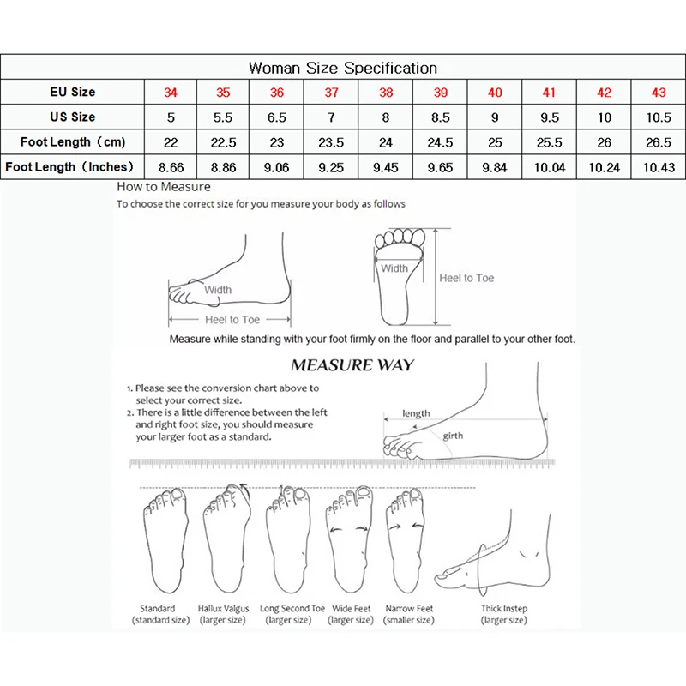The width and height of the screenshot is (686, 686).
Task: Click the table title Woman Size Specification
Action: (343, 68)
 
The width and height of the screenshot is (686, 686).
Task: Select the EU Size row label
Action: (72, 92)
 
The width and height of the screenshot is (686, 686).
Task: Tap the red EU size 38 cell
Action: (386, 93)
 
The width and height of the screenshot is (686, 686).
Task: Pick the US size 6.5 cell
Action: (277, 117)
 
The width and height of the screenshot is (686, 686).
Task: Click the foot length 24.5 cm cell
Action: (440, 142)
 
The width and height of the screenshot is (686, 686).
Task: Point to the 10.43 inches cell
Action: (658, 168)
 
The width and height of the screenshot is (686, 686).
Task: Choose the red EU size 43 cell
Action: (658, 93)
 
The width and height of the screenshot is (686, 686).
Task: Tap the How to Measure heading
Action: (164, 186)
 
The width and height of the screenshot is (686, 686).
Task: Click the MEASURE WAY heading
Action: (352, 365)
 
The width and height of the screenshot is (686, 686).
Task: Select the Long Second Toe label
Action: (292, 609)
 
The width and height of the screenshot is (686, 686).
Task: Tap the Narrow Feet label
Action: (410, 609)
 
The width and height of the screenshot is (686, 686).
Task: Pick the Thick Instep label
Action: (504, 609)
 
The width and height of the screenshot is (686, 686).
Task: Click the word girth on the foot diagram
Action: (453, 436)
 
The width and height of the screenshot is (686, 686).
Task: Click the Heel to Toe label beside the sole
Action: (466, 278)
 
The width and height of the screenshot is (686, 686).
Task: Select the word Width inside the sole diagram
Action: (394, 268)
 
